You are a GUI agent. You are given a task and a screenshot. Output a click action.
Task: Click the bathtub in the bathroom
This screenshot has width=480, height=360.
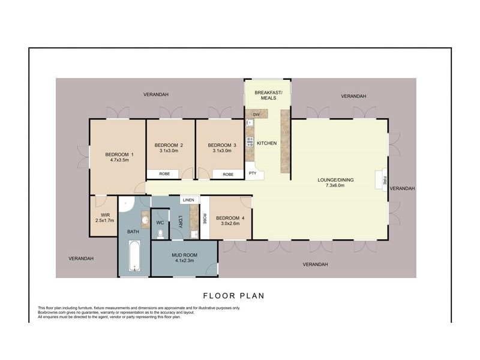(x=134, y=257)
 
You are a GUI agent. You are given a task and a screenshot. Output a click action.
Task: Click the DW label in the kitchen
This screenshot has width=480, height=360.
(x=256, y=114)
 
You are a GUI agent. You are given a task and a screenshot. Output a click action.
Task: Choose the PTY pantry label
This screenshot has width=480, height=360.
(x=253, y=173)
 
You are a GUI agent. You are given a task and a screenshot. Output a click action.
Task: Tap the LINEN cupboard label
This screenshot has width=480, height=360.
(x=188, y=200)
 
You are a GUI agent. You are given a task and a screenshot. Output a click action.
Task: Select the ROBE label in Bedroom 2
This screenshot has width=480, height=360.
(x=164, y=174)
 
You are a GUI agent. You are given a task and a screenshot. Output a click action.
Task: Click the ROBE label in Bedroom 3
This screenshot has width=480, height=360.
(x=228, y=174)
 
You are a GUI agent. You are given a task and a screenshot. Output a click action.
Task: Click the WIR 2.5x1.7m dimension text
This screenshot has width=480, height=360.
(x=104, y=221)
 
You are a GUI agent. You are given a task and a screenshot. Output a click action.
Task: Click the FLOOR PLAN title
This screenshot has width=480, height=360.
(x=233, y=295)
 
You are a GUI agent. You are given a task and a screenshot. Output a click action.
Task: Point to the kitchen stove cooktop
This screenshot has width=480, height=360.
(x=249, y=143)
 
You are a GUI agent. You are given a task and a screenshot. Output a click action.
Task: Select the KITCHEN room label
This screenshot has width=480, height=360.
(x=266, y=143)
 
